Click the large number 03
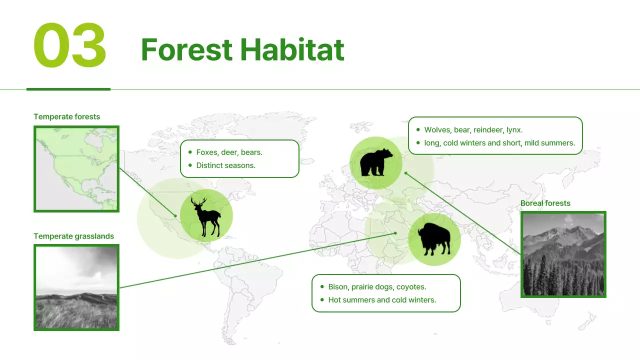pyautogui.click(x=70, y=45)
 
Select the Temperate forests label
pyautogui.click(x=66, y=116)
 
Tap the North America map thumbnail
pyautogui.click(x=76, y=169)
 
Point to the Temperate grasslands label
pyautogui.click(x=73, y=236)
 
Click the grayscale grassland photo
pyautogui.click(x=76, y=287)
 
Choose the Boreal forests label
pyautogui.click(x=545, y=203)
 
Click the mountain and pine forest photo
pyautogui.click(x=563, y=254)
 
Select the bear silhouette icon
pyautogui.click(x=376, y=162)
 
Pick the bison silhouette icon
pyautogui.click(x=434, y=239)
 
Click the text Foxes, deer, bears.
pyautogui.click(x=229, y=152)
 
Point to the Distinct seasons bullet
pyautogui.click(x=225, y=165)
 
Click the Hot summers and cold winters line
pyautogui.click(x=382, y=299)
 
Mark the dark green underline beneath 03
pyautogui.click(x=68, y=89)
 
